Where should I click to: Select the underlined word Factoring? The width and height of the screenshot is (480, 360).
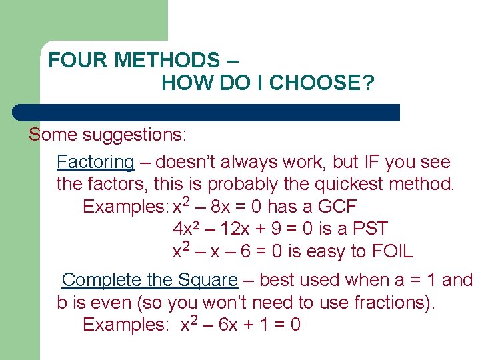tap(95, 162)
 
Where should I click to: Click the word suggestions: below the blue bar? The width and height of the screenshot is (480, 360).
tap(135, 135)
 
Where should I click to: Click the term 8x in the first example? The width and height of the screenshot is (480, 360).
tap(222, 207)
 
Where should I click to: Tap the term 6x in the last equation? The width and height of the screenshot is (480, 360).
tap(229, 325)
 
